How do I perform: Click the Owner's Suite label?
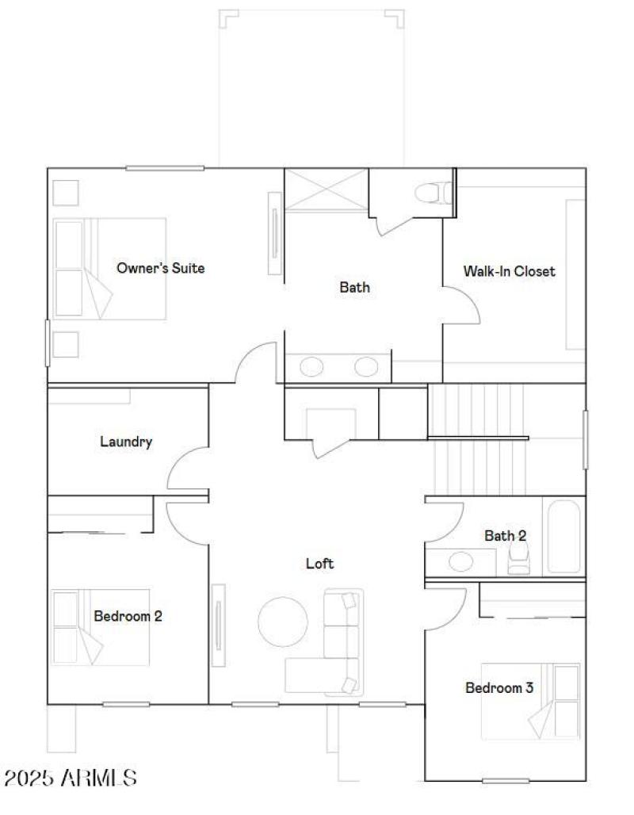[x=160, y=268]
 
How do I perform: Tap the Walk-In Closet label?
[x=509, y=271]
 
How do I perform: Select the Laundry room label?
[x=126, y=442]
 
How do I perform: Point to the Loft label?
[x=319, y=564]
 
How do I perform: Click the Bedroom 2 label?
[x=128, y=615]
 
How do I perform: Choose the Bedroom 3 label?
[x=498, y=687]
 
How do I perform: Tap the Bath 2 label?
[x=505, y=536]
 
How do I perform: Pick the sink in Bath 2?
[x=460, y=561]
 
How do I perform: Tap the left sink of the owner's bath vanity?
[x=311, y=366]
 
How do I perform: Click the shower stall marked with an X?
[x=327, y=190]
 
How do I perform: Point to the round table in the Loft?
[x=283, y=622]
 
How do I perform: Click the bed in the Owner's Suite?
[x=110, y=269]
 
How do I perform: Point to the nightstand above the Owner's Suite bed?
[x=66, y=193]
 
